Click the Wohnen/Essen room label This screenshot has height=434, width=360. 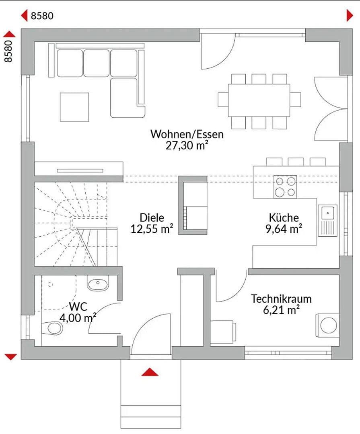[x=187, y=134]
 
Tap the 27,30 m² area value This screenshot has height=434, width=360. [x=187, y=145]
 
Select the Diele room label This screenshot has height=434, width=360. [x=152, y=217]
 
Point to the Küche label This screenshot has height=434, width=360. [x=284, y=217]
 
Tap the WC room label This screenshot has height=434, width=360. [x=78, y=307]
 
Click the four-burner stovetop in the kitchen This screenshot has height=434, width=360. [x=285, y=187]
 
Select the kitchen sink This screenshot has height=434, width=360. [x=328, y=220]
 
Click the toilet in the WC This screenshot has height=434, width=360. [x=52, y=328]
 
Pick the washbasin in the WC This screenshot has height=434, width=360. [x=98, y=284]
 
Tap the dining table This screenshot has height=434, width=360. [x=259, y=101]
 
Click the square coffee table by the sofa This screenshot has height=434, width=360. [x=74, y=107]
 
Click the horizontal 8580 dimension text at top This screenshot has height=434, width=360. [x=42, y=16]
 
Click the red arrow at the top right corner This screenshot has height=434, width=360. [x=350, y=15]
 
